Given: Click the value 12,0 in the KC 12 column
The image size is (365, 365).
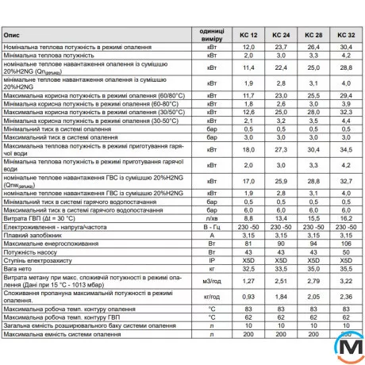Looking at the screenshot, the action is pos(248,48).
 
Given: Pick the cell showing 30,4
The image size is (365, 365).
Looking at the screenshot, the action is pos(345,48).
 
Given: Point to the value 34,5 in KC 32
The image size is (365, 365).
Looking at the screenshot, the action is pos(345,149).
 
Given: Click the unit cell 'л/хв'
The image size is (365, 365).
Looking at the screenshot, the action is pos(211,217).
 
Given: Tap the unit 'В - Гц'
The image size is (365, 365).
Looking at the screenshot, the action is pos(211,225).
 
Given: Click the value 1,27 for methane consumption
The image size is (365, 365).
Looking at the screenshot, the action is pos(248,280).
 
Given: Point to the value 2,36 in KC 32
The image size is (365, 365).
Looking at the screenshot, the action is pos(345,296).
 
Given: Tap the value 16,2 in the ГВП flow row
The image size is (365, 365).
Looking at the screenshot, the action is pos(345,217).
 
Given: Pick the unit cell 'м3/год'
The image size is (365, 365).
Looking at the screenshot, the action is pos(211,280).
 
